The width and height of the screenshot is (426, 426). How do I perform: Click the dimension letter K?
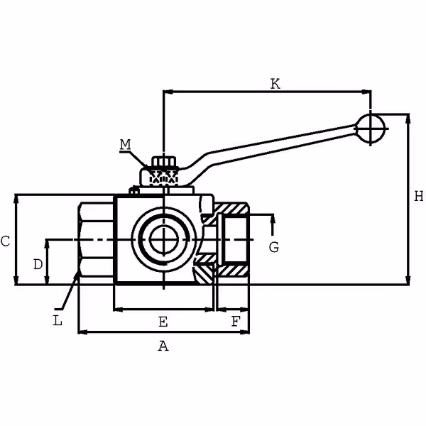tap(275, 84)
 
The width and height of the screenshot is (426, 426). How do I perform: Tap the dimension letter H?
tap(418, 195)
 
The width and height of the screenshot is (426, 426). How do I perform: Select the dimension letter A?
tap(163, 346)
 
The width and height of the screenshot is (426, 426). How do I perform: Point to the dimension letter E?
tap(163, 322)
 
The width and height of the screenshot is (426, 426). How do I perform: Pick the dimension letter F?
tap(235, 322)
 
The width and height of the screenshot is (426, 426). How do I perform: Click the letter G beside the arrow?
tap(273, 247)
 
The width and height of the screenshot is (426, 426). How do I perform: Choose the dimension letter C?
tap(5, 241)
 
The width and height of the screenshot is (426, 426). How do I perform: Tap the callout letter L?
tap(58, 320)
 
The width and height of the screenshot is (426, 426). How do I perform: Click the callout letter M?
tap(125, 145)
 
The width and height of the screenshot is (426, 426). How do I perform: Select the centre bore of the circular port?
tap(163, 239)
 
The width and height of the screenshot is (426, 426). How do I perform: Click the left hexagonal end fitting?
tap(97, 240)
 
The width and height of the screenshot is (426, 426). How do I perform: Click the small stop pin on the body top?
tap(133, 191)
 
